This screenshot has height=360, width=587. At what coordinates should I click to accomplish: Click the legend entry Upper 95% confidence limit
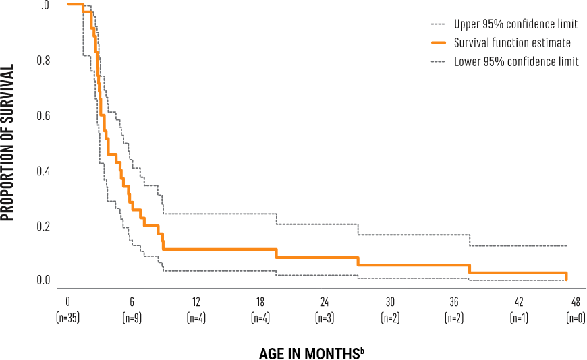(516, 25)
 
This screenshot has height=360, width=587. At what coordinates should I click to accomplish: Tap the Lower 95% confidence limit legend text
(516, 62)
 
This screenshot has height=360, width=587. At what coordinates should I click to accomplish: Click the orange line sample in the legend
(439, 43)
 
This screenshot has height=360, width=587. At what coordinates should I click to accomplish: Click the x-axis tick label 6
(132, 301)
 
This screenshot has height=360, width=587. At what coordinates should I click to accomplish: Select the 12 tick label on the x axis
(196, 301)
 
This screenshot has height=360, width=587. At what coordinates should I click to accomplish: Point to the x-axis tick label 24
(325, 301)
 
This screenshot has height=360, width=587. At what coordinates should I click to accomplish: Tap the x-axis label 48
(576, 301)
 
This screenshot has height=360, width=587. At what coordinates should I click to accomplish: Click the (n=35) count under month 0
(67, 318)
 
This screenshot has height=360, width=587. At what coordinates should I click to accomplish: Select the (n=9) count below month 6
(132, 318)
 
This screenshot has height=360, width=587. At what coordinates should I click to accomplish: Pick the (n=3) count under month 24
(325, 318)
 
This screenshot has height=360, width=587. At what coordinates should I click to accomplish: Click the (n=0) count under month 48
(576, 318)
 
